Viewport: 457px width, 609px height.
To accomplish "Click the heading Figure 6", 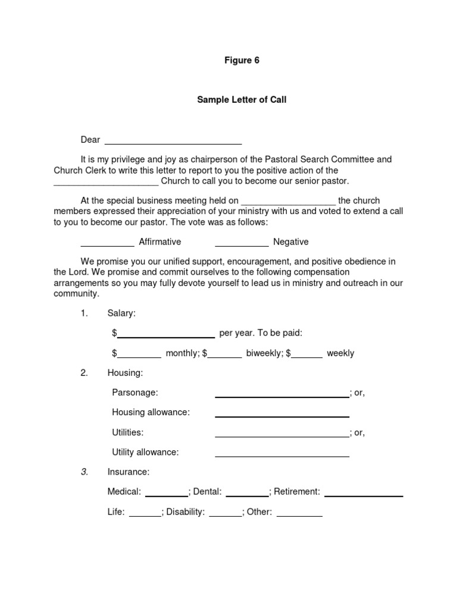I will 242,61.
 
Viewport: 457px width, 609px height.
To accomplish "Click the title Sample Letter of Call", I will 242,100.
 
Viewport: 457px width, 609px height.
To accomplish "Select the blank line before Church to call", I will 106,183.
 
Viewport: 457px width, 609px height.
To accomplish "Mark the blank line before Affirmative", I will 107,244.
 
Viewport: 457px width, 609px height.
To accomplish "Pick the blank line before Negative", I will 242,244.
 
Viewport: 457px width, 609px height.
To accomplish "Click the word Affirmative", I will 160,242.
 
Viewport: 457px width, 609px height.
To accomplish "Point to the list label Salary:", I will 121,313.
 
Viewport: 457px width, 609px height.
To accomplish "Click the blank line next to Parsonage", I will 281,395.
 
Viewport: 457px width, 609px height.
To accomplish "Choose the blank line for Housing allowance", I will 281,415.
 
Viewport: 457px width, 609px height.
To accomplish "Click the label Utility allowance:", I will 145,452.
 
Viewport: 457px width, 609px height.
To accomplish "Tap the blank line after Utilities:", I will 281,435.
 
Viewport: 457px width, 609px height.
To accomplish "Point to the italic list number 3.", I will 84,472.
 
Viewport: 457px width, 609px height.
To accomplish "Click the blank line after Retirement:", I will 364,494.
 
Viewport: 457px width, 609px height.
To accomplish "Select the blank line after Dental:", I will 247,494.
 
